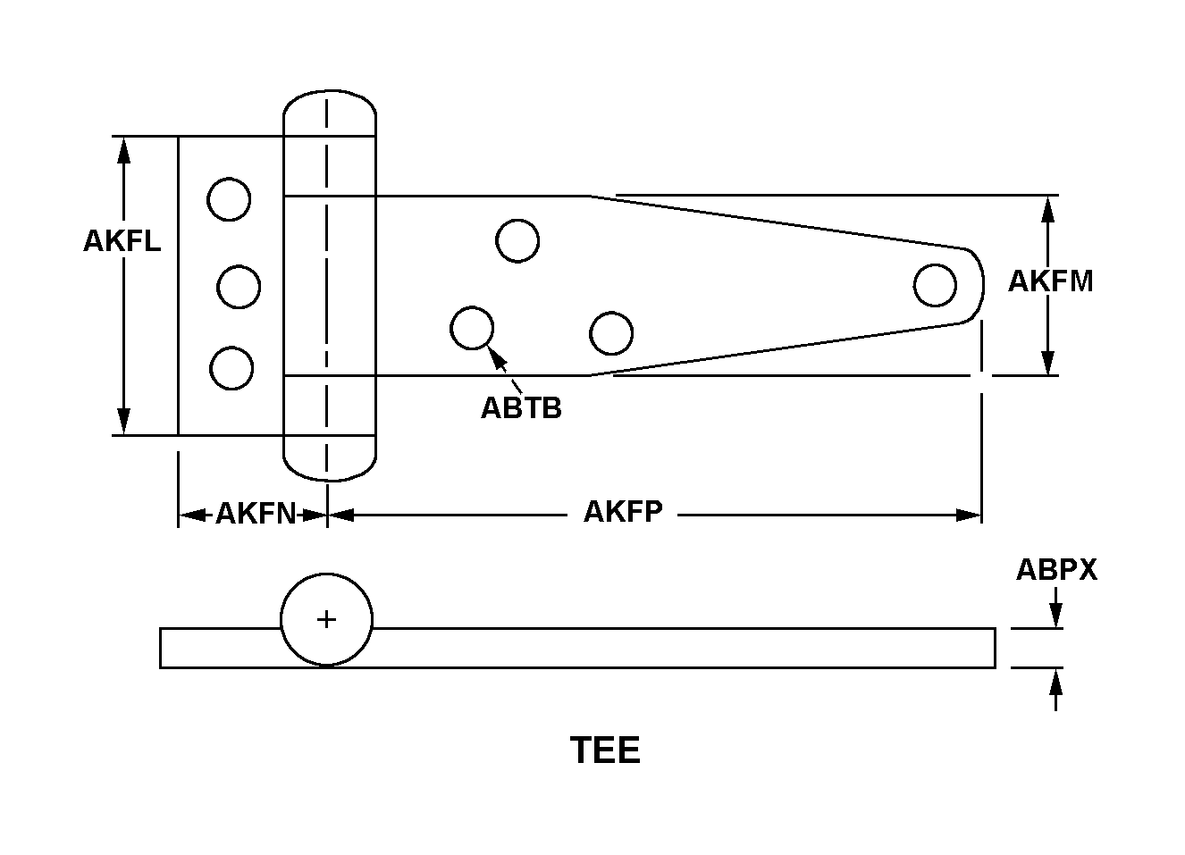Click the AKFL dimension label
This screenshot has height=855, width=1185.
(122, 240)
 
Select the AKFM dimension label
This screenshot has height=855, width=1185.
(1050, 281)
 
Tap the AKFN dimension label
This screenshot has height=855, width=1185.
(256, 514)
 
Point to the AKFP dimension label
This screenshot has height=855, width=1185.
(623, 512)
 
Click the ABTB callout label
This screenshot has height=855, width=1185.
(521, 407)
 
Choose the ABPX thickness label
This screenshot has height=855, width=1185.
(1055, 570)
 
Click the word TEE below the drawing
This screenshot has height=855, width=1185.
(605, 750)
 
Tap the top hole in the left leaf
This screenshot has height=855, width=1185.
(229, 198)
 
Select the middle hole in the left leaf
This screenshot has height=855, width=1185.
(239, 287)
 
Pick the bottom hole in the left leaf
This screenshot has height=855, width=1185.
(231, 368)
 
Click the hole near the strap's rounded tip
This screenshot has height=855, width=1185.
(935, 285)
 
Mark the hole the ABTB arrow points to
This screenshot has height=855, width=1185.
(472, 328)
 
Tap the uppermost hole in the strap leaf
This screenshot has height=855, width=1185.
(517, 240)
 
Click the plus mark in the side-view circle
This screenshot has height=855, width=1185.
(327, 619)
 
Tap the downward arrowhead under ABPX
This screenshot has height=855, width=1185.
(1055, 616)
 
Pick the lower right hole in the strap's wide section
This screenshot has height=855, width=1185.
(611, 333)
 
